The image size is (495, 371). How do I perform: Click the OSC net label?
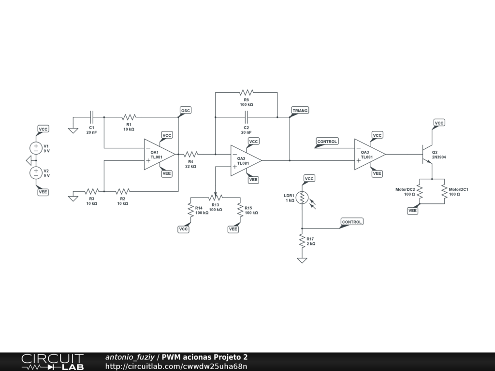pos(186,111)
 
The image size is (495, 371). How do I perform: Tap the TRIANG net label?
pos(300,111)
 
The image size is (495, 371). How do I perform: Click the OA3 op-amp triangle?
pos(370,154)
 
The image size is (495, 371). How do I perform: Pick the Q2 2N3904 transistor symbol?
pos(427,154)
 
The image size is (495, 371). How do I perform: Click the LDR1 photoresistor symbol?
pos(302,198)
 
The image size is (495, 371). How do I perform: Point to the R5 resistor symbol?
pos(246,92)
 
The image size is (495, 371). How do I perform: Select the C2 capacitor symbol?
pos(246,117)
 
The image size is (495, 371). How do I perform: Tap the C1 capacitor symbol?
pos(91,117)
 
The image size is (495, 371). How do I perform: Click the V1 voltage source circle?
pos(36,148)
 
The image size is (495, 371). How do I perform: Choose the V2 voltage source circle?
pos(36,173)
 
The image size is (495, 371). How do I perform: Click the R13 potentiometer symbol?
pos(215,197)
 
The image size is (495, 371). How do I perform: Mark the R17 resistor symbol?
pos(302,241)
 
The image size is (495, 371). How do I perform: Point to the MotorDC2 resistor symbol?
pos(420,191)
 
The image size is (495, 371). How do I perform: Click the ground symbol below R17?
pos(302,260)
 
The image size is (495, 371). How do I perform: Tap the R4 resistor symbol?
pos(190,154)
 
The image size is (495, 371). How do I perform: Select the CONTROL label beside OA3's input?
pos(327,142)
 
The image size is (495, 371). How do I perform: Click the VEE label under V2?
pos(43,192)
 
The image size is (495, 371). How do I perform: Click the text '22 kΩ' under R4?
pos(190,167)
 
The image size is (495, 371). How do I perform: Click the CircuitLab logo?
pos(52,362)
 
